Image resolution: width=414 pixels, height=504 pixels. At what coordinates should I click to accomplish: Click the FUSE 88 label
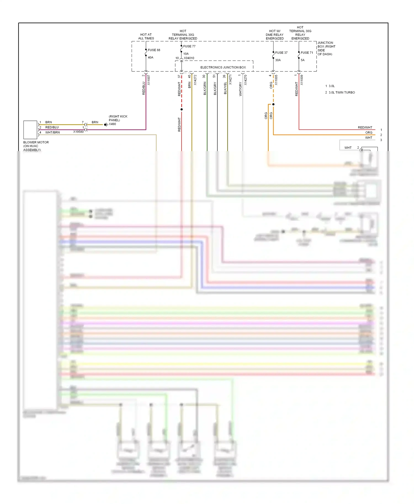click(x=154, y=50)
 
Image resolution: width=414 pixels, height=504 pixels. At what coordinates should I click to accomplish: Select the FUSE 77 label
click(x=189, y=46)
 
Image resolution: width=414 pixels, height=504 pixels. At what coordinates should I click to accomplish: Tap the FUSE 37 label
click(x=281, y=53)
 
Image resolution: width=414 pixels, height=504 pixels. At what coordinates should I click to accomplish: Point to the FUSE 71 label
click(x=307, y=53)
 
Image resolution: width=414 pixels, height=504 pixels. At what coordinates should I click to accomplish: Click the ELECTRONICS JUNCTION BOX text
click(x=223, y=67)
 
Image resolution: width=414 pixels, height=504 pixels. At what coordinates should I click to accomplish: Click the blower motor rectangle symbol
click(x=30, y=130)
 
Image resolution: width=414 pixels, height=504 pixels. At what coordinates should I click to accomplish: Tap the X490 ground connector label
click(x=112, y=124)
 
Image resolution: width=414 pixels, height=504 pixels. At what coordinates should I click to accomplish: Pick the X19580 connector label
click(x=78, y=132)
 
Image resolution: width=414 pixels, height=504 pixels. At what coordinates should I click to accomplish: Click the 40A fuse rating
click(x=150, y=58)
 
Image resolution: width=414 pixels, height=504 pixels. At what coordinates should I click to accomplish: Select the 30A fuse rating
click(x=278, y=60)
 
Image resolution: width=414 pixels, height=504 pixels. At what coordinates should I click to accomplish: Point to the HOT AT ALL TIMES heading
click(x=146, y=36)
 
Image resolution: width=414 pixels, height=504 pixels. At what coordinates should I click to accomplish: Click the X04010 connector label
click(x=189, y=58)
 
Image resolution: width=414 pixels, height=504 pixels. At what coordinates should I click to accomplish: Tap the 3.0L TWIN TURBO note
click(x=342, y=92)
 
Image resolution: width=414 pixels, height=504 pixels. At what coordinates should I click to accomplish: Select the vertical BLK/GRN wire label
click(x=205, y=88)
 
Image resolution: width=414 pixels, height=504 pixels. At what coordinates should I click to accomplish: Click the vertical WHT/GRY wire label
click(x=240, y=89)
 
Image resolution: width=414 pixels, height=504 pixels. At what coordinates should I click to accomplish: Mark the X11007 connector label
click(x=149, y=80)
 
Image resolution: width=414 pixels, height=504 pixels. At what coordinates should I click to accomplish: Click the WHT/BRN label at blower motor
click(x=52, y=132)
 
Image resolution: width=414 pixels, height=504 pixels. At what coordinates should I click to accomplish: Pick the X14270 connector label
click(x=246, y=80)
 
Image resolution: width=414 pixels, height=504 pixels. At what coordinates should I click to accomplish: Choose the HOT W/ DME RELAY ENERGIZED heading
click(x=275, y=35)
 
